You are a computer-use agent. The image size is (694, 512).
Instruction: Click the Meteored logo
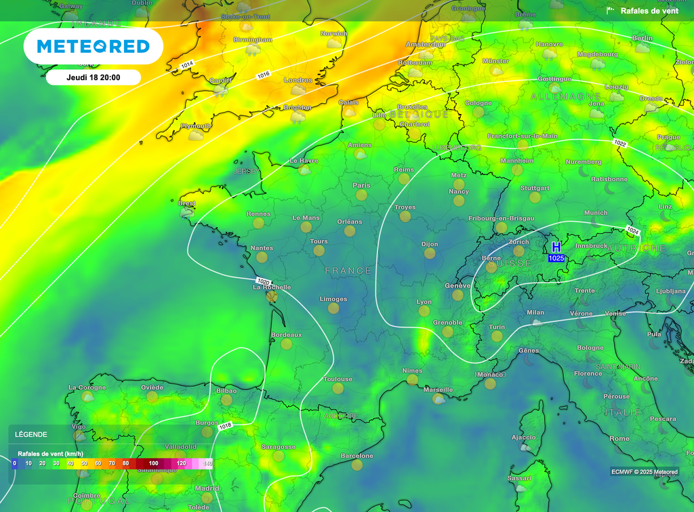[x=93, y=46]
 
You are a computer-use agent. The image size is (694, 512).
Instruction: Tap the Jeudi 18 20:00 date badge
[x=94, y=77]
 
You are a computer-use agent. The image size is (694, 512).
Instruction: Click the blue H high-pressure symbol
[x=556, y=248]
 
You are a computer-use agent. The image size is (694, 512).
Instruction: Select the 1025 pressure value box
[x=556, y=258]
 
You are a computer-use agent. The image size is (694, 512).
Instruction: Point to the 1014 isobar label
[x=187, y=64]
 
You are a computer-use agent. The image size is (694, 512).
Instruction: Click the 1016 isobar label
[x=263, y=75]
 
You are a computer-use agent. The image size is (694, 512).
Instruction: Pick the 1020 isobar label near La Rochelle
[x=264, y=281]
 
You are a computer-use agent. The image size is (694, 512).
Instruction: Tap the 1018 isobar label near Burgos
[x=226, y=426]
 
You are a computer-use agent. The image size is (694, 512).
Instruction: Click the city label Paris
[x=361, y=185]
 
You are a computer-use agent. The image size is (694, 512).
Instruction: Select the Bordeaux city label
[x=286, y=335]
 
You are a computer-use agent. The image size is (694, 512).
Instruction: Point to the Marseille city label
[x=438, y=390]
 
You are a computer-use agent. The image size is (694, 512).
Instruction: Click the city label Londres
[x=298, y=80]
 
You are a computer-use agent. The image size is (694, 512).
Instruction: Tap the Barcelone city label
[x=357, y=456]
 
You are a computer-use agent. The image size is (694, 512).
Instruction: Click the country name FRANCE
[x=348, y=271]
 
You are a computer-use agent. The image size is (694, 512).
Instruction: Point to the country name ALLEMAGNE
[x=567, y=97]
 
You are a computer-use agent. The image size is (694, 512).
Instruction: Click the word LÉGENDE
[x=31, y=434]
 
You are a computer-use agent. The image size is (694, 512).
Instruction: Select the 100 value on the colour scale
[x=154, y=463]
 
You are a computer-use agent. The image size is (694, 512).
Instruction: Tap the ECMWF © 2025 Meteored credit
[x=644, y=472]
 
